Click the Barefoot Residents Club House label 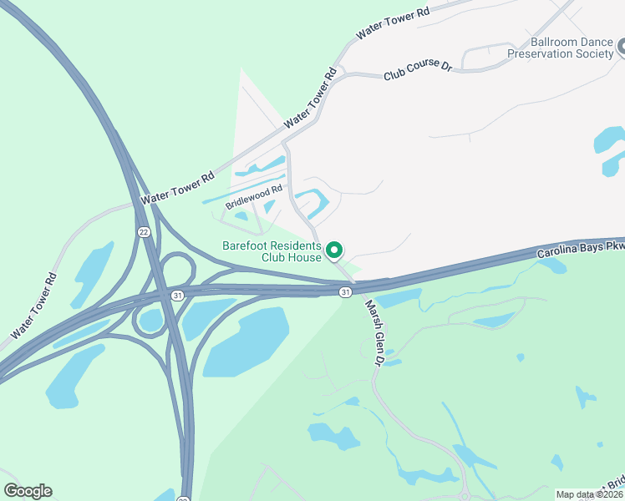(x=272, y=251)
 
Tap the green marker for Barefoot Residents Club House (x=334, y=250)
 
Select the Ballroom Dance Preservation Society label (x=561, y=48)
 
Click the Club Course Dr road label (x=417, y=71)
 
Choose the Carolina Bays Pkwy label (x=581, y=249)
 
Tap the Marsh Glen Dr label (x=372, y=333)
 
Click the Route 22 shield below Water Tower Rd (x=144, y=231)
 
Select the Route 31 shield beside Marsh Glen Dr (x=345, y=291)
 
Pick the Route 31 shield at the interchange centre (x=177, y=295)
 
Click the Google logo (x=28, y=491)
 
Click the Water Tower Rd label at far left (x=35, y=306)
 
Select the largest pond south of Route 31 (x=245, y=341)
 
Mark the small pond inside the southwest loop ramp (x=150, y=318)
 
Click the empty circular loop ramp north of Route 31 (x=177, y=270)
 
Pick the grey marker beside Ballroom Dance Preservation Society (x=621, y=48)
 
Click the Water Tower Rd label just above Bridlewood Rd (x=178, y=189)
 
